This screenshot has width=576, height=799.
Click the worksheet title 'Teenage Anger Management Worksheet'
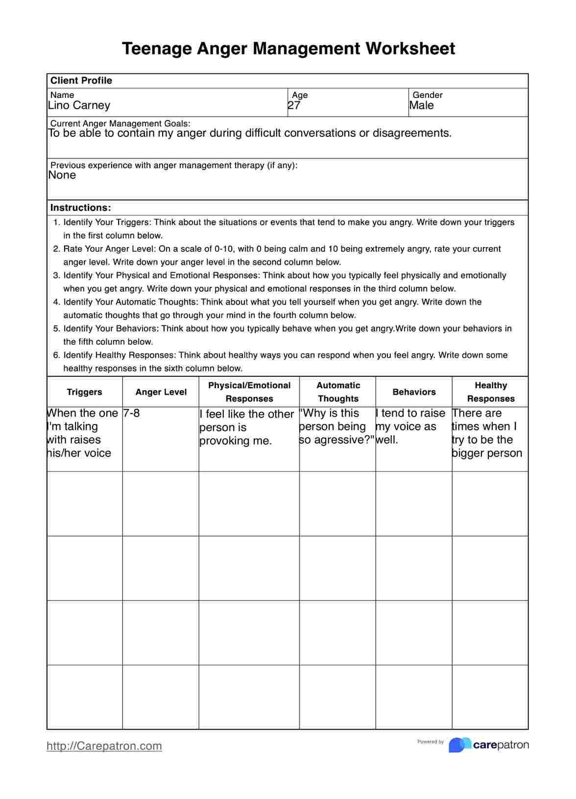click(288, 49)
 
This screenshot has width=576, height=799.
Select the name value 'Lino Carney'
click(79, 105)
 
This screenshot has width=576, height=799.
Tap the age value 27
click(294, 105)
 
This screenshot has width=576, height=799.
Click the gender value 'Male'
click(421, 105)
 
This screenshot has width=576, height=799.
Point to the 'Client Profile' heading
click(81, 80)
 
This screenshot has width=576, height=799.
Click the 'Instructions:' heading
click(81, 207)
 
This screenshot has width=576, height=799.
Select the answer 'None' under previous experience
click(62, 175)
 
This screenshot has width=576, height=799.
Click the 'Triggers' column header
click(84, 392)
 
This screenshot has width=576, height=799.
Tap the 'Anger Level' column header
click(161, 392)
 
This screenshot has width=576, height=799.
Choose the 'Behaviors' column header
click(414, 392)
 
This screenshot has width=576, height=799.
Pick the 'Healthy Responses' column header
click(490, 392)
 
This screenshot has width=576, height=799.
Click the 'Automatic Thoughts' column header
click(338, 392)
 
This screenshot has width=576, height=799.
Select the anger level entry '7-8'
click(131, 413)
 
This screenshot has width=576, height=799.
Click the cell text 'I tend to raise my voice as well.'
click(410, 426)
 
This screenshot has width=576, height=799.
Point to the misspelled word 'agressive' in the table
click(338, 440)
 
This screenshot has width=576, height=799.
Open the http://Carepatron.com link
click(104, 746)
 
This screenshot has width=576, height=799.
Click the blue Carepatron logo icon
click(459, 745)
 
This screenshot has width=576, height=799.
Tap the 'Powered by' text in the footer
click(430, 742)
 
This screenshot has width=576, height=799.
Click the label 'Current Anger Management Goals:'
click(120, 124)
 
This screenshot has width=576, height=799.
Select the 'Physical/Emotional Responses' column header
click(249, 392)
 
